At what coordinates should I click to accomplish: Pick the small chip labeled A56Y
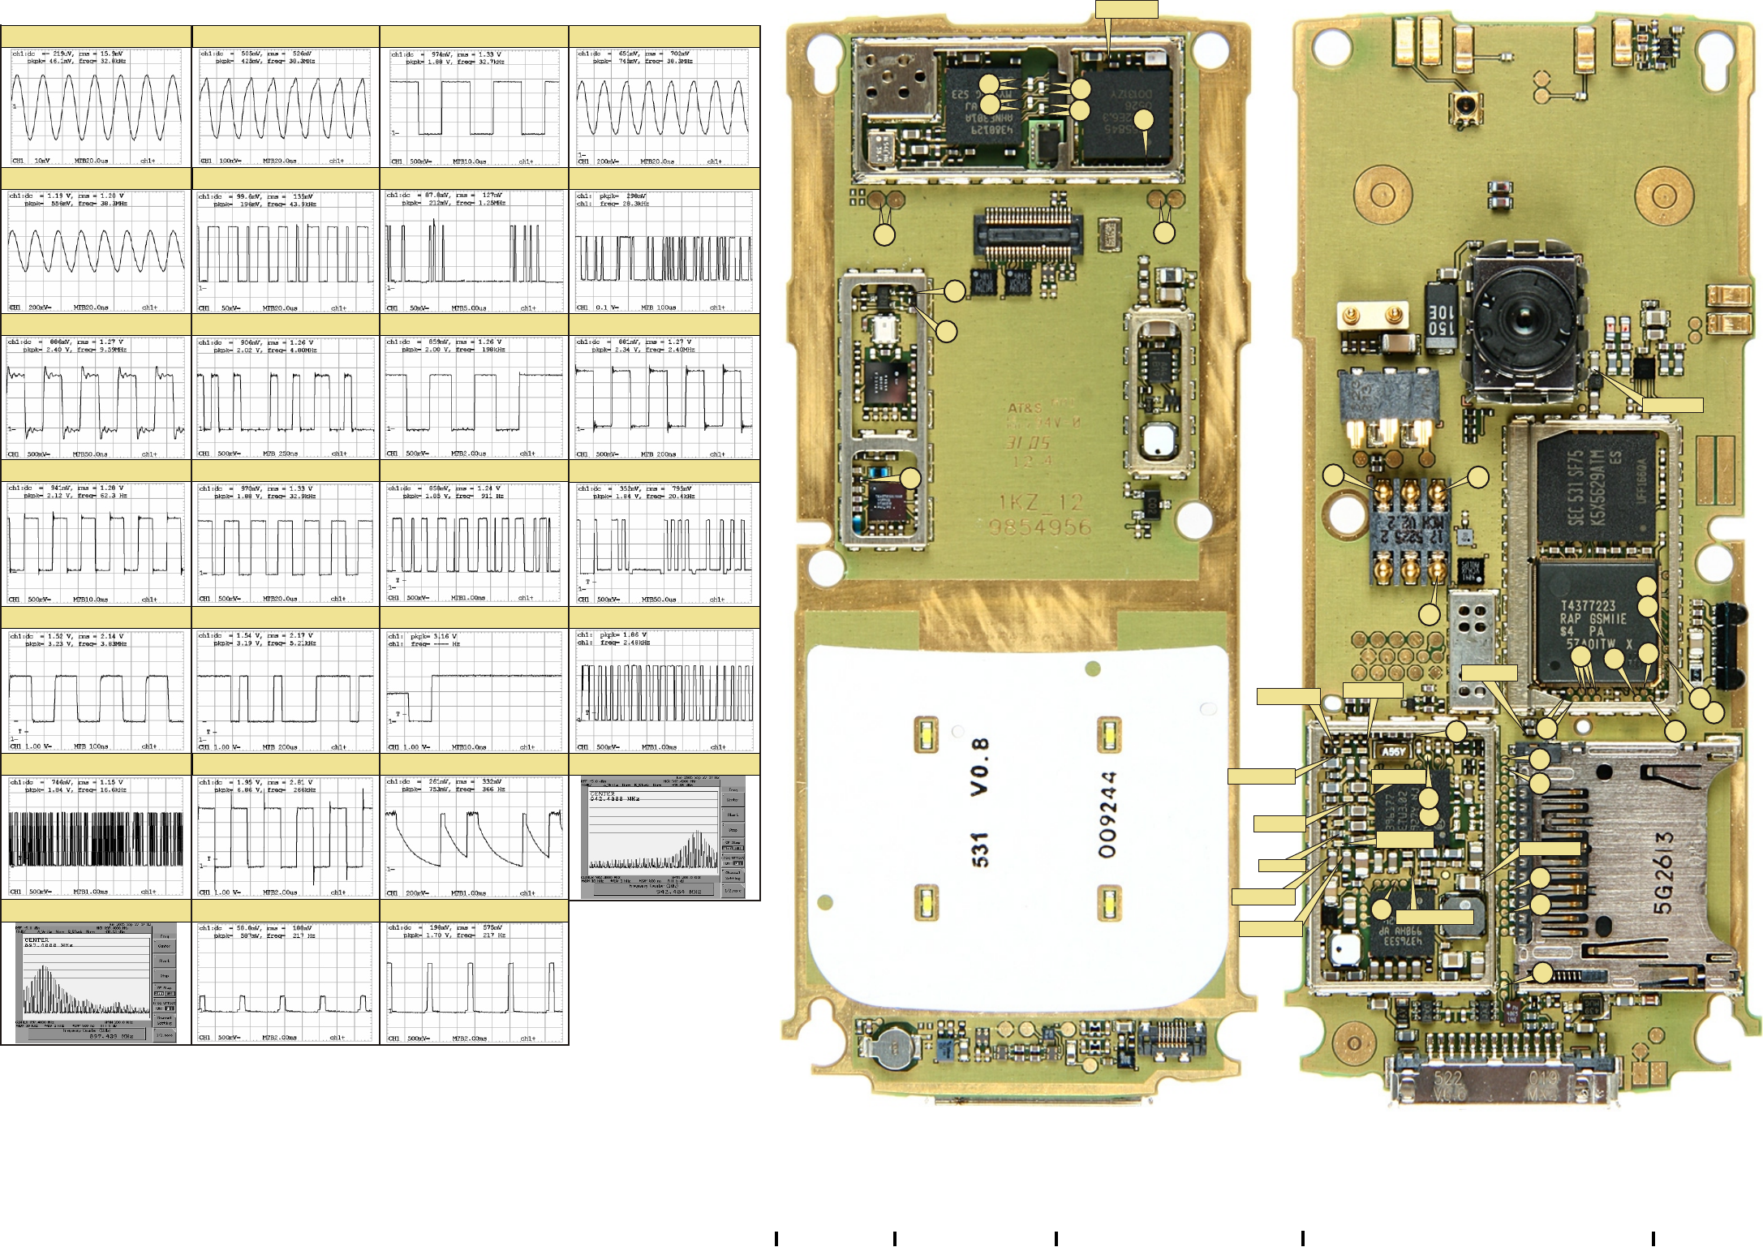click(1392, 751)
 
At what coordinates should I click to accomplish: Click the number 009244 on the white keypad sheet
click(1108, 815)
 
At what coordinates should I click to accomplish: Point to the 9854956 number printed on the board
click(1040, 528)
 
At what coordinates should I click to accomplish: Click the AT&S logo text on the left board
click(1025, 408)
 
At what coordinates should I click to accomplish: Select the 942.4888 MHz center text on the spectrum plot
click(617, 798)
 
